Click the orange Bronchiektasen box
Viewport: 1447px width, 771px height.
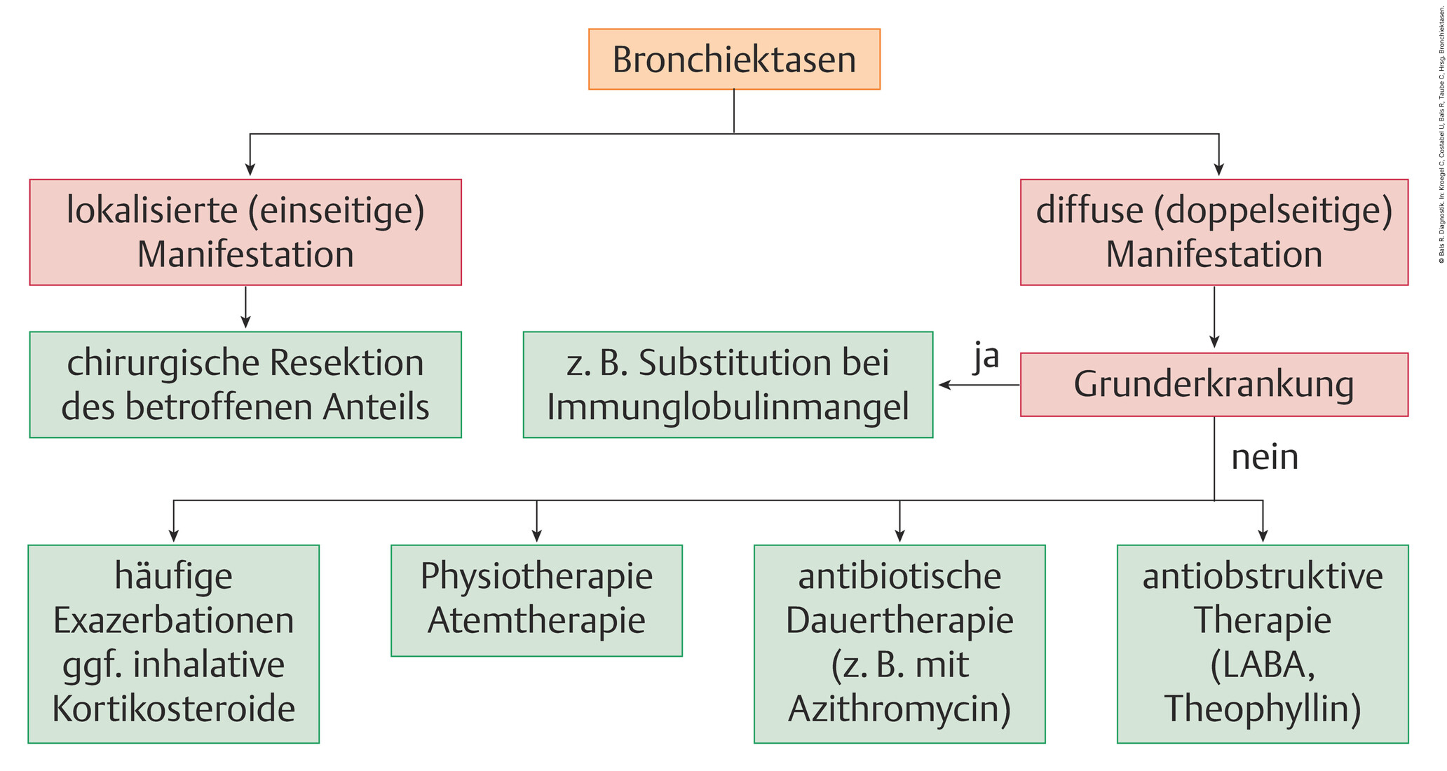734,59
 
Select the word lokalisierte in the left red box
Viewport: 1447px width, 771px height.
152,210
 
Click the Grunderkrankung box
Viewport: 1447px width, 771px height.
1214,384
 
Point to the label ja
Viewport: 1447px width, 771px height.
986,357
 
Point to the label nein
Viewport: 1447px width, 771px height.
1265,457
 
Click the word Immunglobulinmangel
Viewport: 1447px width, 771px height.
728,407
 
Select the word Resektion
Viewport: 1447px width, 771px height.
346,363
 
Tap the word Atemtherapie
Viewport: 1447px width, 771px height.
536,620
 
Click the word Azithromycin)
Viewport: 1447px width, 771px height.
899,709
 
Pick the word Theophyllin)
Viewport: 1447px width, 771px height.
1263,709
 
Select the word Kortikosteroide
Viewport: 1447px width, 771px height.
173,709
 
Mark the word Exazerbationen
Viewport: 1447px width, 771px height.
173,620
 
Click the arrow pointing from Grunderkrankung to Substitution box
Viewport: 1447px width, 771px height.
979,385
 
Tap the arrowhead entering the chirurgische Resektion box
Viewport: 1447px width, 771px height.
245,322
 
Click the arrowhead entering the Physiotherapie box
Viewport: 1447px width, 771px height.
536,536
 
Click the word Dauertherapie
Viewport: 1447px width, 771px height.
899,621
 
